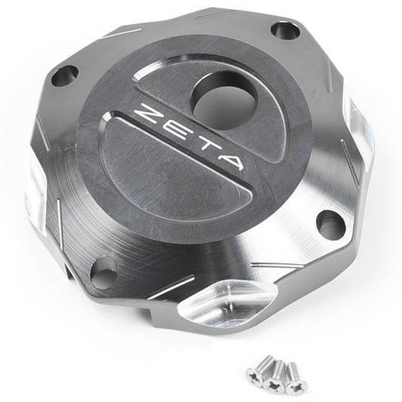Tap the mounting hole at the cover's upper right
pos(286,31)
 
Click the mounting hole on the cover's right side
pos(330,224)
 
